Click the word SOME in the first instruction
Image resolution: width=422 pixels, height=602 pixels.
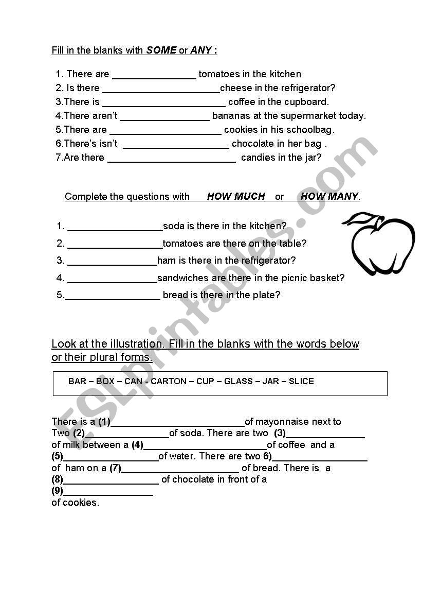tap(161, 50)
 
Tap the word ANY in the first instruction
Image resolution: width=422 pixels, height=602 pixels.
tap(201, 50)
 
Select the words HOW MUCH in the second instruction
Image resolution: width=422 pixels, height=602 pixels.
tap(236, 196)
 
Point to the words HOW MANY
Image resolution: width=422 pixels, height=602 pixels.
tap(329, 196)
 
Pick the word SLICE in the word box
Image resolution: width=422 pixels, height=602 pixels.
tap(301, 382)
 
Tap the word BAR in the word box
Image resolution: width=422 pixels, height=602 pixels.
tap(77, 382)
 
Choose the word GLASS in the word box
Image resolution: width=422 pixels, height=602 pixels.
tap(238, 382)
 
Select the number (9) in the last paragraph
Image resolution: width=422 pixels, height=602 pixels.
tap(57, 491)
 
